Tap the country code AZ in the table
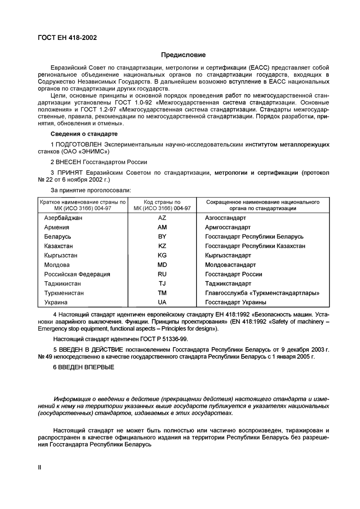click(x=162, y=218)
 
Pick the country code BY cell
click(x=162, y=237)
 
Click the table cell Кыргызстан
click(x=60, y=255)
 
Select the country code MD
click(x=162, y=265)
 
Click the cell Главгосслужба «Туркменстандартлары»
click(x=262, y=293)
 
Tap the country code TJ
click(x=162, y=284)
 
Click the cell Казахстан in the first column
click(x=59, y=246)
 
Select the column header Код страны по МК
click(x=162, y=205)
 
